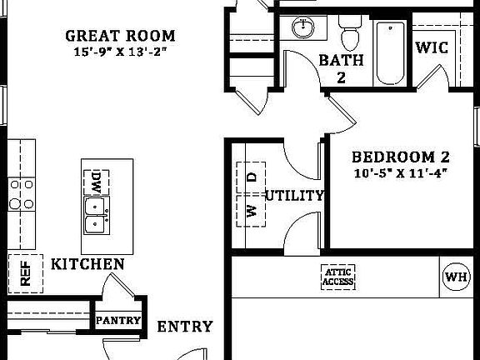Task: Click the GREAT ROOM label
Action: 121,36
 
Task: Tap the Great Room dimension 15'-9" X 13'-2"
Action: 121,52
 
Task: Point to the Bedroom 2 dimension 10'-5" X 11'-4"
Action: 400,173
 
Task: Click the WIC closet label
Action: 432,48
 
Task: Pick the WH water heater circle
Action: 456,276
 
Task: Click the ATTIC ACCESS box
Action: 338,277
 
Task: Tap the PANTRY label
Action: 117,320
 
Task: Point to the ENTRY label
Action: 185,327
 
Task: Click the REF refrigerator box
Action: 25,272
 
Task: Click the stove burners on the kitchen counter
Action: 20,193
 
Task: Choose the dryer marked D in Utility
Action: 252,177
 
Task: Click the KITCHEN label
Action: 87,264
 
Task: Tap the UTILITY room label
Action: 294,196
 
